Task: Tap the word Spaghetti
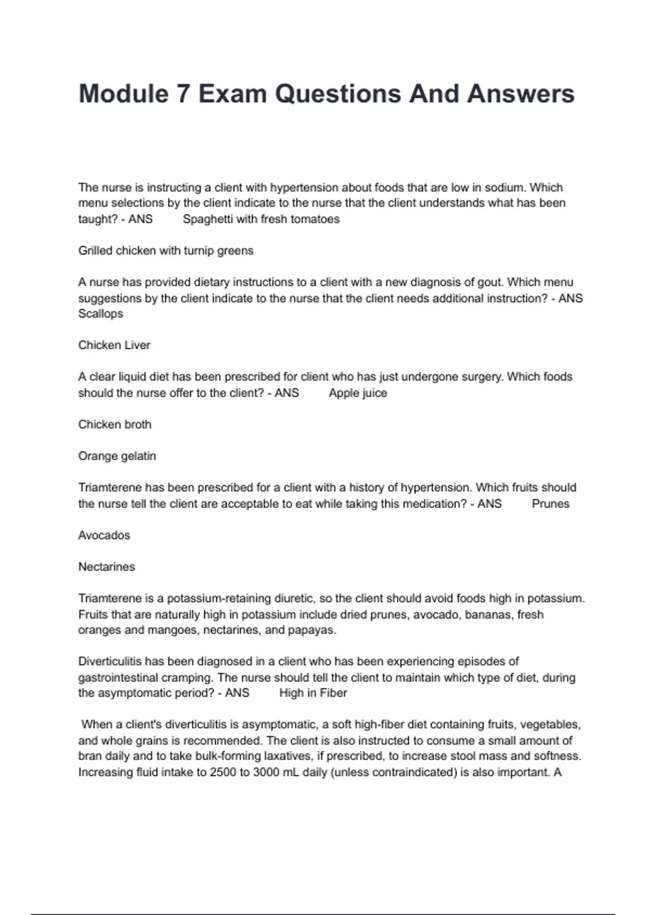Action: click(x=208, y=219)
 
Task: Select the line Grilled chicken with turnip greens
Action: click(x=166, y=250)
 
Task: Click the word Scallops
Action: click(x=101, y=313)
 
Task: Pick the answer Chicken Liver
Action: click(x=114, y=345)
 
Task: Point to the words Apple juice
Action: click(x=358, y=393)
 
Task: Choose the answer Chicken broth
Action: click(x=115, y=424)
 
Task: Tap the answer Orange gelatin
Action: click(x=117, y=456)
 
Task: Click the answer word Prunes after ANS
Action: click(x=550, y=504)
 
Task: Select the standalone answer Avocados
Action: click(x=104, y=535)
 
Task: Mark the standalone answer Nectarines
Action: click(x=107, y=567)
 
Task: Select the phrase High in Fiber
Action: click(x=313, y=693)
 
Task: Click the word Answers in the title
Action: click(x=521, y=94)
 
